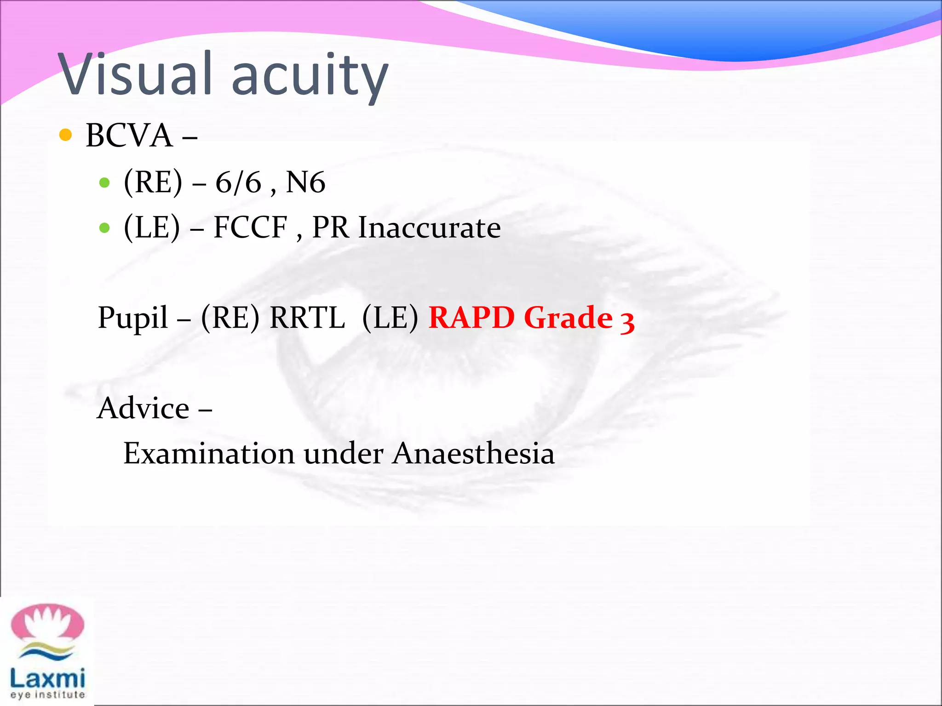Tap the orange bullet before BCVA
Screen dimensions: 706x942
[x=66, y=135]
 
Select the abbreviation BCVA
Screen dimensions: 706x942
[x=129, y=136]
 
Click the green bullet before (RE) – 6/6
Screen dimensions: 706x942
[x=104, y=183]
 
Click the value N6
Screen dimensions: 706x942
[x=305, y=182]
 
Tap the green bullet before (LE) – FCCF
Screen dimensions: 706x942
[x=104, y=228]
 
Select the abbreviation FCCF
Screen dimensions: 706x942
[x=251, y=228]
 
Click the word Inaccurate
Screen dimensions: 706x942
[x=429, y=228]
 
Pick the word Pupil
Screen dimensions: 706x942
[x=133, y=318]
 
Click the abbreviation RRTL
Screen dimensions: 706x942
[x=307, y=318]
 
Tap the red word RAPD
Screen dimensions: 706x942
[x=471, y=318]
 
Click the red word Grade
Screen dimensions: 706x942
[x=568, y=318]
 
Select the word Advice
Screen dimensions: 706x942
[x=144, y=408]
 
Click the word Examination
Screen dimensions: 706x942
[x=209, y=454]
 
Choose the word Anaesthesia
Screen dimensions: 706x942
[x=474, y=454]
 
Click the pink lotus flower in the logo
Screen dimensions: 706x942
[x=47, y=624]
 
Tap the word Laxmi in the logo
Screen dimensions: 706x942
[x=47, y=678]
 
